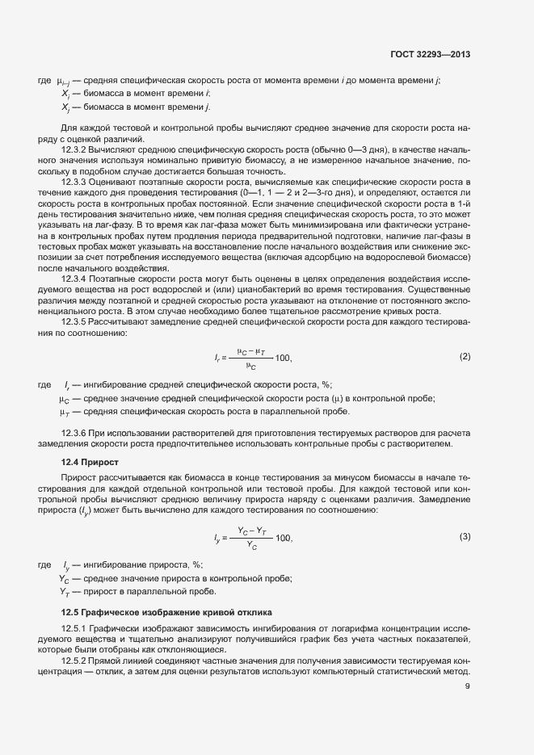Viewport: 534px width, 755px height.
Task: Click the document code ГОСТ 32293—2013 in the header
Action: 430,55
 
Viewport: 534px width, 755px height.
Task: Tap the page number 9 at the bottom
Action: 467,687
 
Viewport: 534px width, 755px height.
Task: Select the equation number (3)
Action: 465,537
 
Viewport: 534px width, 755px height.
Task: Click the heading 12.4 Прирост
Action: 90,461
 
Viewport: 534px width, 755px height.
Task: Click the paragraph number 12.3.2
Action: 75,151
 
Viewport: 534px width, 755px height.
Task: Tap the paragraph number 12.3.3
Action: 75,183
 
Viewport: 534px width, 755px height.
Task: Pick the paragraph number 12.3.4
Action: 75,279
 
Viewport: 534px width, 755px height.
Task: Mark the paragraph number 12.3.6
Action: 75,433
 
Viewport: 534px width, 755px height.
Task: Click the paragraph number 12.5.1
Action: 75,629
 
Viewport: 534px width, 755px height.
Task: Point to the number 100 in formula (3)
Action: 284,538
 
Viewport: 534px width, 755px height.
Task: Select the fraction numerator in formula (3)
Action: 253,531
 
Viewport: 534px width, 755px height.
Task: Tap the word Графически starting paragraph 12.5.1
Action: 117,629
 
